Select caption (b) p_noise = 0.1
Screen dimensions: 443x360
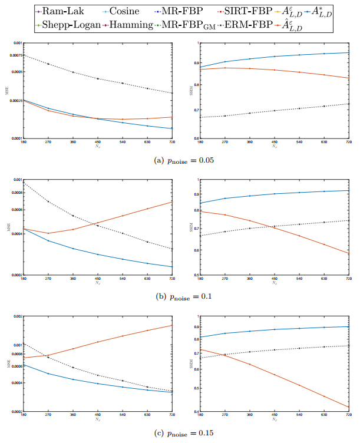point(181,295)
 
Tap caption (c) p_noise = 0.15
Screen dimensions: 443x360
point(181,433)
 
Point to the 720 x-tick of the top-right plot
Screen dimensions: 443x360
point(349,142)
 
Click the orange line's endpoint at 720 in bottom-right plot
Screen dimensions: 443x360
point(349,406)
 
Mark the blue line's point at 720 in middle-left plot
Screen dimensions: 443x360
point(172,267)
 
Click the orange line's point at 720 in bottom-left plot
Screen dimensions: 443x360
point(172,325)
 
